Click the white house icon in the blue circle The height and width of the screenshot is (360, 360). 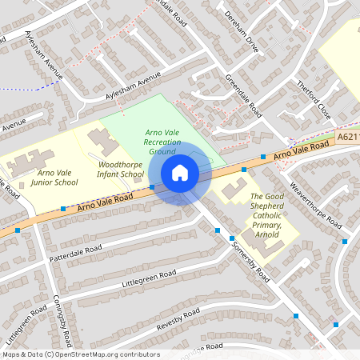(180, 173)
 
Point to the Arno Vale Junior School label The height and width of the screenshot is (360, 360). (54, 177)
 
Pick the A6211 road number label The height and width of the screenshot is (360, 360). (347, 138)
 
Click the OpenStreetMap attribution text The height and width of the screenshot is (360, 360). (80, 354)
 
